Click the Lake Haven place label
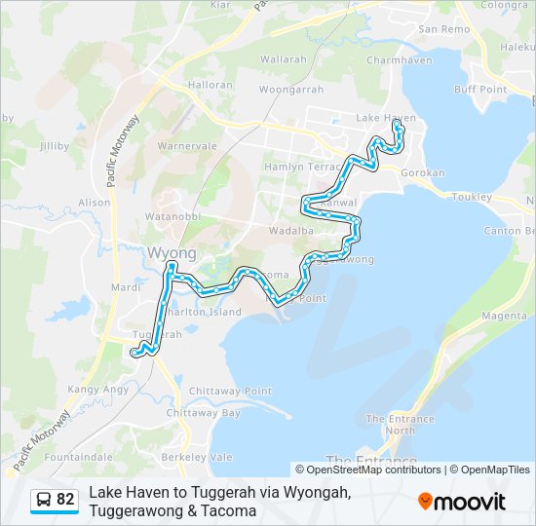click(386, 118)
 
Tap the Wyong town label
click(172, 253)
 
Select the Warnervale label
click(187, 146)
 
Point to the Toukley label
click(472, 197)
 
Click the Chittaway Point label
click(230, 391)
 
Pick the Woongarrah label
click(291, 89)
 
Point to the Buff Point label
click(480, 90)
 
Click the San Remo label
click(443, 29)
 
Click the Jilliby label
click(54, 146)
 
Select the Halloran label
click(210, 85)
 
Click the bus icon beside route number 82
click(44, 500)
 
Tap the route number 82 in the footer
click(65, 500)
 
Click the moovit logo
click(462, 501)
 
